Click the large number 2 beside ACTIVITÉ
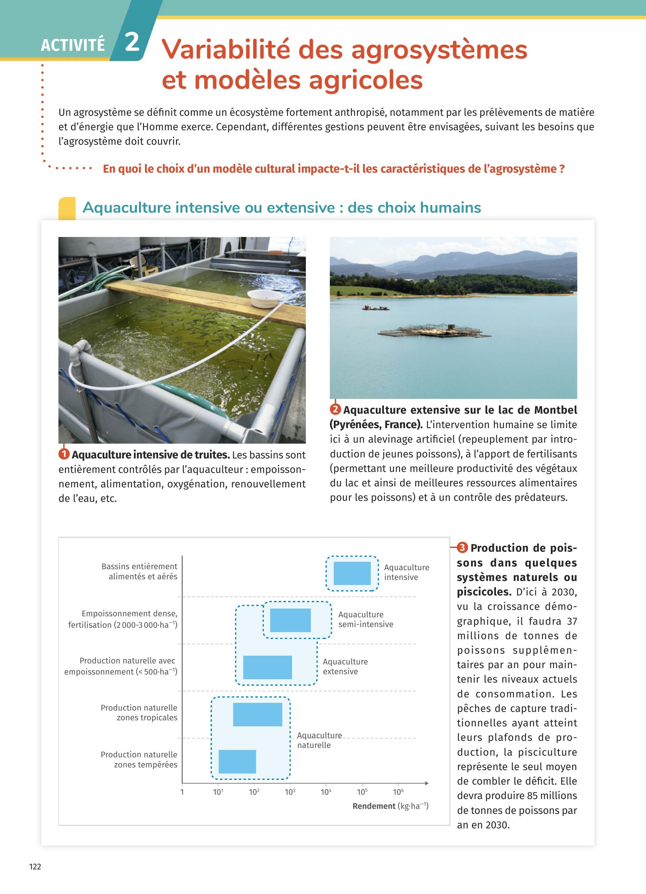132,42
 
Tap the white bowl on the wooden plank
265,299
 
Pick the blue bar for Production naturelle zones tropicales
258,714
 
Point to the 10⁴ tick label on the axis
326,792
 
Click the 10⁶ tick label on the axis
398,792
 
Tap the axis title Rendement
374,806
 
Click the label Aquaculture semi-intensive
365,619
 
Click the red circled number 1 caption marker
64,454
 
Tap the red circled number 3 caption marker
462,548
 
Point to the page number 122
35,866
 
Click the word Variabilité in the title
225,50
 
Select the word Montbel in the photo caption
555,410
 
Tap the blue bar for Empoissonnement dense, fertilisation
290,620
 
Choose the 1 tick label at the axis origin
182,792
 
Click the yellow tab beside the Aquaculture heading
67,208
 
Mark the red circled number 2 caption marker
335,409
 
